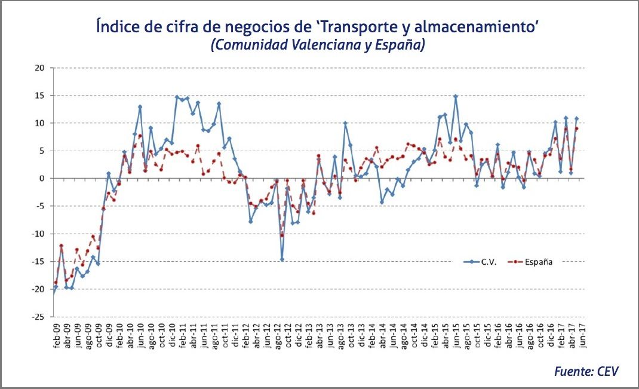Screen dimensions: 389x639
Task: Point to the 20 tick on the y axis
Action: (39, 68)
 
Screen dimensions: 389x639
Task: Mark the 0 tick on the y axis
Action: (42, 178)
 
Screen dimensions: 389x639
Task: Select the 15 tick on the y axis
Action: (39, 96)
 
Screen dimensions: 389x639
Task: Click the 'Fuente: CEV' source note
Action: (586, 372)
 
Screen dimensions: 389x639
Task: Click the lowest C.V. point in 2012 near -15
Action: (282, 259)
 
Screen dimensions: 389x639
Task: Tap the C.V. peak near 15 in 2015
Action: (456, 96)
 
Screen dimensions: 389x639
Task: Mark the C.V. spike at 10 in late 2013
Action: (345, 123)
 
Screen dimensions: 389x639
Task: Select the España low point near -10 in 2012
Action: (282, 235)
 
